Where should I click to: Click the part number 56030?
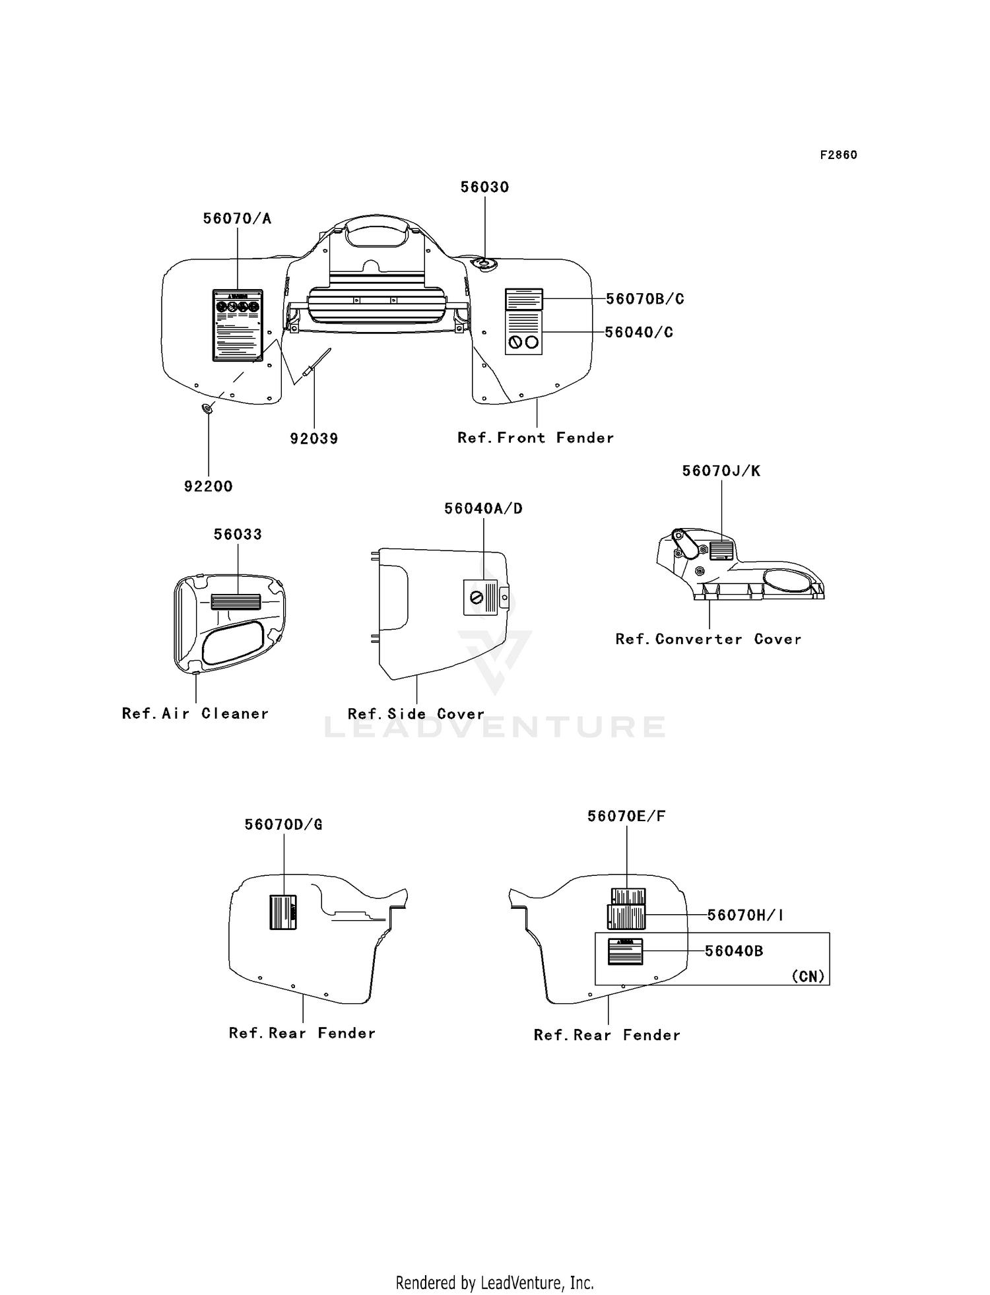(x=484, y=187)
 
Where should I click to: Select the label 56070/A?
(x=237, y=219)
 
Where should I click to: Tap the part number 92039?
(x=314, y=439)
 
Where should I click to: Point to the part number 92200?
(x=209, y=487)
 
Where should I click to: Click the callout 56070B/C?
(x=645, y=299)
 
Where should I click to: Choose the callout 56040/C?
(x=639, y=333)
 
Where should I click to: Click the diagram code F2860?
(x=838, y=155)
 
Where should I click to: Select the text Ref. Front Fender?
(x=535, y=438)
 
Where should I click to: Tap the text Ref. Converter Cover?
(x=708, y=640)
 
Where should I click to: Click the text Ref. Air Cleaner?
(x=195, y=714)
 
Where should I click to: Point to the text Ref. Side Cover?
(x=416, y=715)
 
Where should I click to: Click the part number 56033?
(x=238, y=535)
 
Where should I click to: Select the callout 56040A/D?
(x=483, y=509)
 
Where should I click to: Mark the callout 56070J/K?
(x=721, y=471)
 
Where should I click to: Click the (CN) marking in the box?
(x=808, y=976)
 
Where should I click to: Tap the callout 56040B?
(x=734, y=951)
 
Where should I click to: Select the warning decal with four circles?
(x=238, y=325)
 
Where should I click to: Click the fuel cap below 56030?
(x=486, y=264)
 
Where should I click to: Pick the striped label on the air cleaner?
(x=236, y=601)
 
